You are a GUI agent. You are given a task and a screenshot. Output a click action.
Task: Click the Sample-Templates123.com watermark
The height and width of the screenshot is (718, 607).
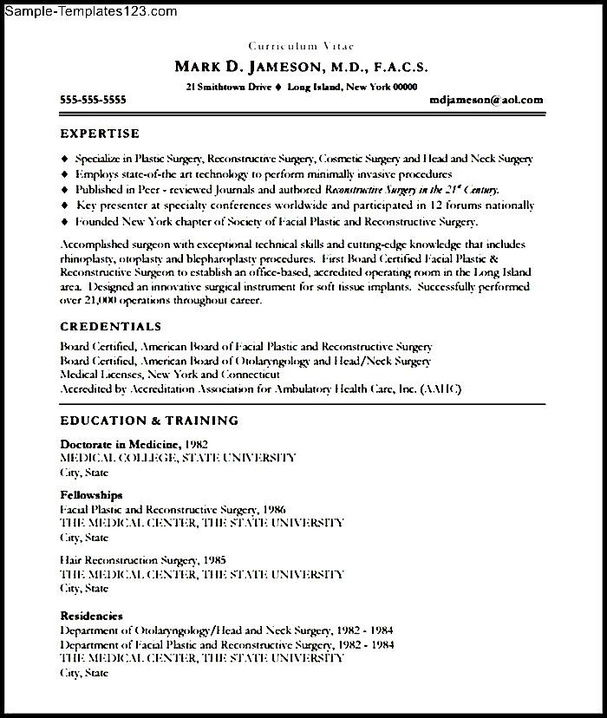pyautogui.click(x=89, y=11)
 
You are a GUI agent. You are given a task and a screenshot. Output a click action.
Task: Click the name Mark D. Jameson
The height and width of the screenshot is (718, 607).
pyautogui.click(x=238, y=67)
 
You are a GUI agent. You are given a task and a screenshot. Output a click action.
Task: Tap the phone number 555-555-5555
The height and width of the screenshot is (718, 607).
pyautogui.click(x=93, y=101)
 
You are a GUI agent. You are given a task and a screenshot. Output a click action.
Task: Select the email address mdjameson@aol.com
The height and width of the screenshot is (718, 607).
pyautogui.click(x=486, y=101)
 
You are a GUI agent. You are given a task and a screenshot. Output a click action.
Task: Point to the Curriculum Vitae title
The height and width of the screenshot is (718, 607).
pyautogui.click(x=301, y=45)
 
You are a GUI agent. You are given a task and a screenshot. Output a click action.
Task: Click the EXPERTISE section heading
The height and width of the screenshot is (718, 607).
pyautogui.click(x=100, y=134)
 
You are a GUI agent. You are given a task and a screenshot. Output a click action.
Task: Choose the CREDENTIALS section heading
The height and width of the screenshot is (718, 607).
pyautogui.click(x=110, y=327)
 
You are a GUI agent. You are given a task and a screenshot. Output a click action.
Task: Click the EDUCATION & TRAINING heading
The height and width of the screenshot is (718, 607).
pyautogui.click(x=149, y=421)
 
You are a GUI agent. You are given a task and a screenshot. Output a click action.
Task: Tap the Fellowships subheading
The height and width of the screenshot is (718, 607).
pyautogui.click(x=91, y=494)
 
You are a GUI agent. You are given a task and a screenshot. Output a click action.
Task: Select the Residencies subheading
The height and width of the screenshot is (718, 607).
pyautogui.click(x=91, y=616)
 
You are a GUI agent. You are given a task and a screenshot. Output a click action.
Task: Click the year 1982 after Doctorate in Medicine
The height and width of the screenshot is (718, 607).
pyautogui.click(x=195, y=444)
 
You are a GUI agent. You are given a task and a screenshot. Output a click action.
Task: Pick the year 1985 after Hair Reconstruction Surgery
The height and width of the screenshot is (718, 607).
pyautogui.click(x=213, y=560)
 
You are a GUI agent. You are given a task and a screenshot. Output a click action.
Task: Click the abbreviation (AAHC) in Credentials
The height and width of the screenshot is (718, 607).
pyautogui.click(x=441, y=390)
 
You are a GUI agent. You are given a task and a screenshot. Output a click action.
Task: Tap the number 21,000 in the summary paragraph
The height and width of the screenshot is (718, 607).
pyautogui.click(x=98, y=300)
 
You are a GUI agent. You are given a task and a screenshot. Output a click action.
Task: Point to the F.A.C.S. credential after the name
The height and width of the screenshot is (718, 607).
pyautogui.click(x=397, y=68)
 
